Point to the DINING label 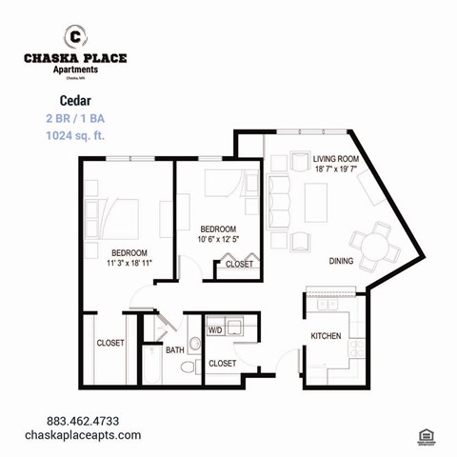(x=341, y=261)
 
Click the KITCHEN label (x=327, y=335)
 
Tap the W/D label (x=215, y=329)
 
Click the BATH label (x=175, y=350)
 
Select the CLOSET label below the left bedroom (x=110, y=343)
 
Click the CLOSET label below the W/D (x=222, y=363)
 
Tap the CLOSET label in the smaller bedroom (x=239, y=264)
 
